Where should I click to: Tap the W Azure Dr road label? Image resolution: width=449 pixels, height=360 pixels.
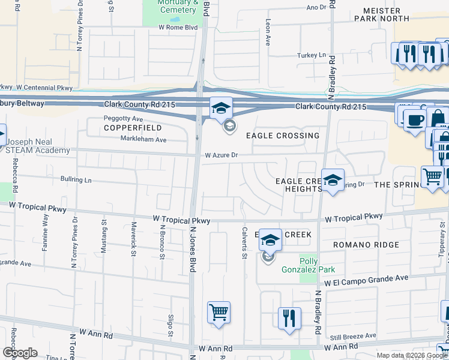point(221,155)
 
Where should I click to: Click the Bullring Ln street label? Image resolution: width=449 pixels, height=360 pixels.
point(76,179)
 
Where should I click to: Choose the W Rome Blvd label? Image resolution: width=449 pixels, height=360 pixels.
point(178,27)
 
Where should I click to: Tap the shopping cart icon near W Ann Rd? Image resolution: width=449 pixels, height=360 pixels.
point(218,312)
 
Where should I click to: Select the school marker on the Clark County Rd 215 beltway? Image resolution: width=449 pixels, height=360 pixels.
point(221,109)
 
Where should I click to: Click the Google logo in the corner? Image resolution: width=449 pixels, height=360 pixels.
point(20,353)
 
